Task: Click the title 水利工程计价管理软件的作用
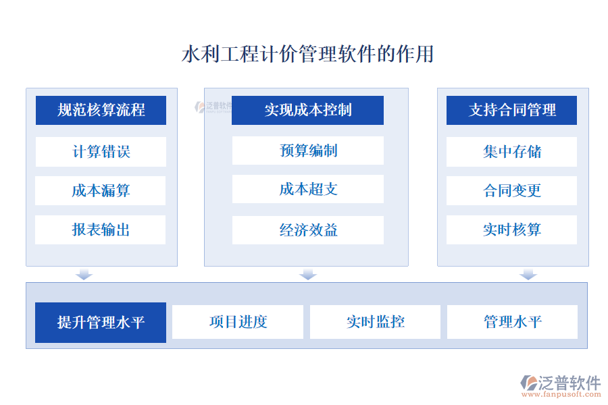click(307, 54)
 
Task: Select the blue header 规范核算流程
click(101, 110)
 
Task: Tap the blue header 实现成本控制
click(307, 110)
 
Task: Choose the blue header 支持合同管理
click(512, 110)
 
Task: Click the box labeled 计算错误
click(101, 152)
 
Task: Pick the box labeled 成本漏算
click(101, 191)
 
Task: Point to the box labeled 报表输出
click(101, 230)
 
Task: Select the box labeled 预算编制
click(307, 151)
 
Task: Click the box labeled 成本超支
click(307, 190)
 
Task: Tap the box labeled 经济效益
click(307, 230)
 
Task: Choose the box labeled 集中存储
click(512, 152)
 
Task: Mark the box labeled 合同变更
click(512, 191)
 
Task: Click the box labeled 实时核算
click(512, 230)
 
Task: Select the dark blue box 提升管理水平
click(101, 323)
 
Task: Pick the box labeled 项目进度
click(238, 322)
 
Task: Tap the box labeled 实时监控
click(375, 322)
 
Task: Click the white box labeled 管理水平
click(512, 322)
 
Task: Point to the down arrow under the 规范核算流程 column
click(84, 274)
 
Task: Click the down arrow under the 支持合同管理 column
click(528, 274)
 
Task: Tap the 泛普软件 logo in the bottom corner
click(560, 385)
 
